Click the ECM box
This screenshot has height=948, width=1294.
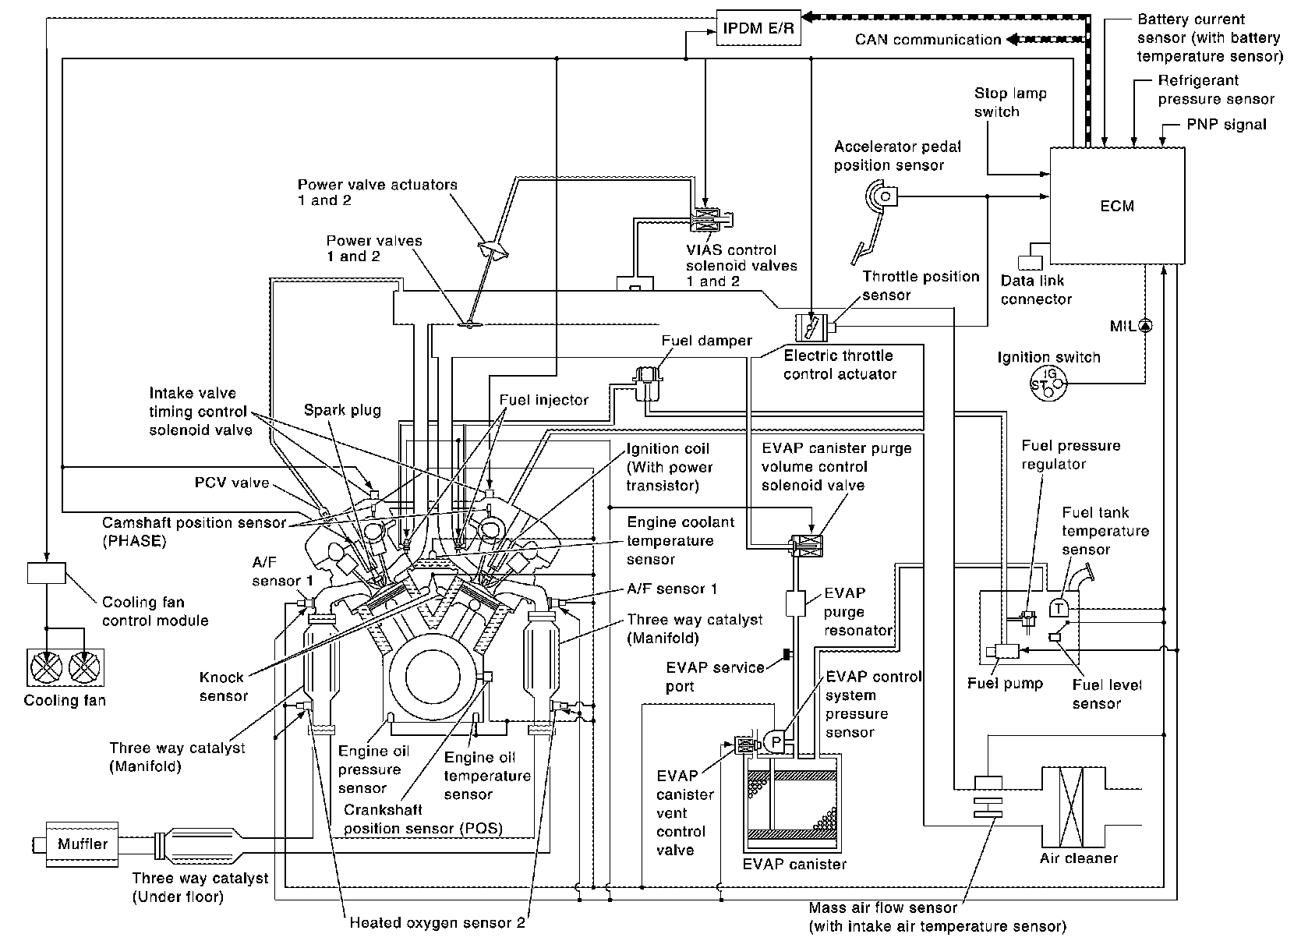[x=1117, y=206]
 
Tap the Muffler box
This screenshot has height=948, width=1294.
[x=83, y=843]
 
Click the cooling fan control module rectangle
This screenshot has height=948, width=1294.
[x=46, y=572]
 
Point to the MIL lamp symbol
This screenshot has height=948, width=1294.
[x=1145, y=325]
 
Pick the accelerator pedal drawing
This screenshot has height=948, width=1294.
[x=872, y=218]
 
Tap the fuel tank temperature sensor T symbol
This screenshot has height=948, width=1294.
[x=1059, y=607]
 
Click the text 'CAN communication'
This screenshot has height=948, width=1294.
[x=927, y=39]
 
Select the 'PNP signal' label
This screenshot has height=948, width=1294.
[x=1227, y=124]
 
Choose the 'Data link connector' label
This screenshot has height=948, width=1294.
[x=1036, y=289]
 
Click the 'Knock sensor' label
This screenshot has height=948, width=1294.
[x=222, y=686]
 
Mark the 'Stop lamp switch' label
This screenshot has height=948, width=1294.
[x=1010, y=102]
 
